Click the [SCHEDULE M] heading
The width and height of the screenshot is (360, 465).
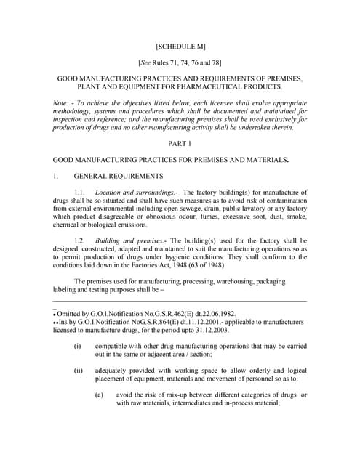[x=180, y=44]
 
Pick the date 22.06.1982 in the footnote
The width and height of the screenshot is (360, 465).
[x=196, y=311]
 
